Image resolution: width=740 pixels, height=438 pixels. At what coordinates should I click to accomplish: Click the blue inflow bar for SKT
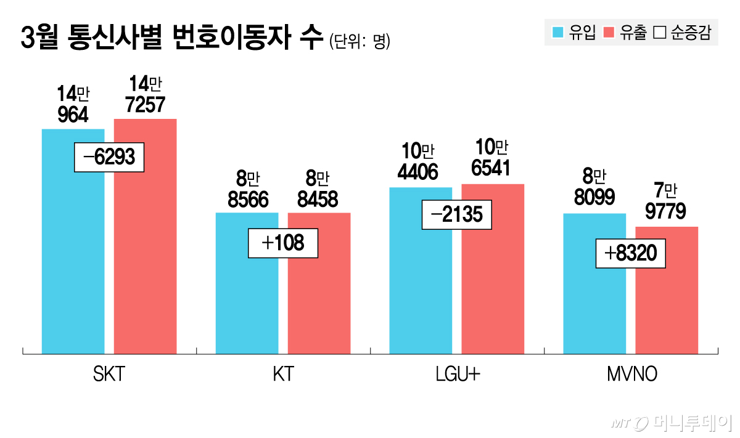pos(73,259)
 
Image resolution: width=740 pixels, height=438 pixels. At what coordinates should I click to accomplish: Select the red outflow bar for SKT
pos(145,259)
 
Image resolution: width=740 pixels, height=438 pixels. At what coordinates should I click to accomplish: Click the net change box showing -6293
pos(109,158)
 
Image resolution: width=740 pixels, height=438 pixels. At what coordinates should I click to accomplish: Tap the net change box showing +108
pos(283,243)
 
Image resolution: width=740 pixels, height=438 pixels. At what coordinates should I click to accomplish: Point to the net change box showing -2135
pos(457,216)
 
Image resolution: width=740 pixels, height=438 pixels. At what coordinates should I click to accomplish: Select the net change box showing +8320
pos(631,253)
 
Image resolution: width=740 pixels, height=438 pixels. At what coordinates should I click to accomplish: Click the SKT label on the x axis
pos(109,375)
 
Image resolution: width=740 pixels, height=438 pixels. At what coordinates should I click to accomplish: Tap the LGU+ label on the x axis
pos(456,375)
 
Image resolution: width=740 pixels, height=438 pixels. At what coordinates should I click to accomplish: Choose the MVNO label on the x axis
pos(631,375)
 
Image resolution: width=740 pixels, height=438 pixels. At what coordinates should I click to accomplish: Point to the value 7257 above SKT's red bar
pos(145,105)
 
